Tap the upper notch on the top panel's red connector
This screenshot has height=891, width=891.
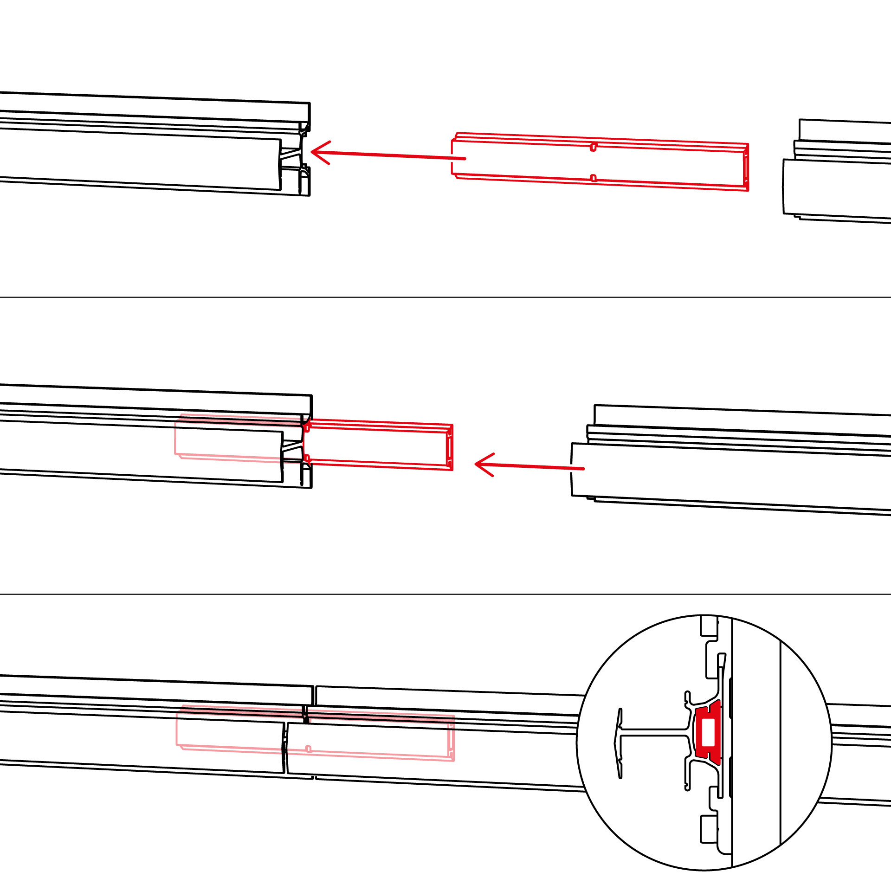pyautogui.click(x=593, y=148)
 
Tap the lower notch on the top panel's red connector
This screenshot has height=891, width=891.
pyautogui.click(x=593, y=178)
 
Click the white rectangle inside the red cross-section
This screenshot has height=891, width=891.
pyautogui.click(x=708, y=733)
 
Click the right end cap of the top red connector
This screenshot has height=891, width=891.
pyautogui.click(x=746, y=167)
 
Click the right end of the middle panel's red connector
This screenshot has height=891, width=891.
pyautogui.click(x=449, y=447)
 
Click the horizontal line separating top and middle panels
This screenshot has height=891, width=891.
pyautogui.click(x=445, y=297)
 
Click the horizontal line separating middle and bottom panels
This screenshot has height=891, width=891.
pyautogui.click(x=445, y=594)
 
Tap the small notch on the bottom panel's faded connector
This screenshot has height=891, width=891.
pyautogui.click(x=308, y=749)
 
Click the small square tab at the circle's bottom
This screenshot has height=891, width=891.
pyautogui.click(x=709, y=829)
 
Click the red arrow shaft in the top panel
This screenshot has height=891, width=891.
pyautogui.click(x=394, y=155)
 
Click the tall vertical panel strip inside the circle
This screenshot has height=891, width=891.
pyautogui.click(x=756, y=742)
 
